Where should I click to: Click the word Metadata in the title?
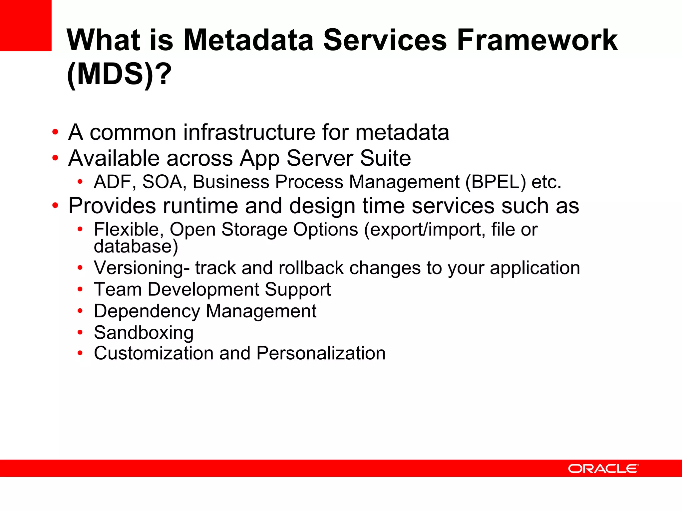coord(248,40)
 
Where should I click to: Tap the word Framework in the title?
coord(537,40)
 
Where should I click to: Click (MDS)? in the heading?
coord(119,74)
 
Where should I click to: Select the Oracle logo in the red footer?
coord(603,468)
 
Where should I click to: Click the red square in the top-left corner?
coord(25,25)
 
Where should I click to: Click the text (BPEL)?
coord(496,182)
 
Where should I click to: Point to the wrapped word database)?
coord(136,247)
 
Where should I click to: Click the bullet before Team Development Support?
coord(80,289)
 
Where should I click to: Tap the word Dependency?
coord(147,311)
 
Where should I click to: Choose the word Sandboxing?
coord(144,333)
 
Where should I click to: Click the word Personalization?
coord(321,353)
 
